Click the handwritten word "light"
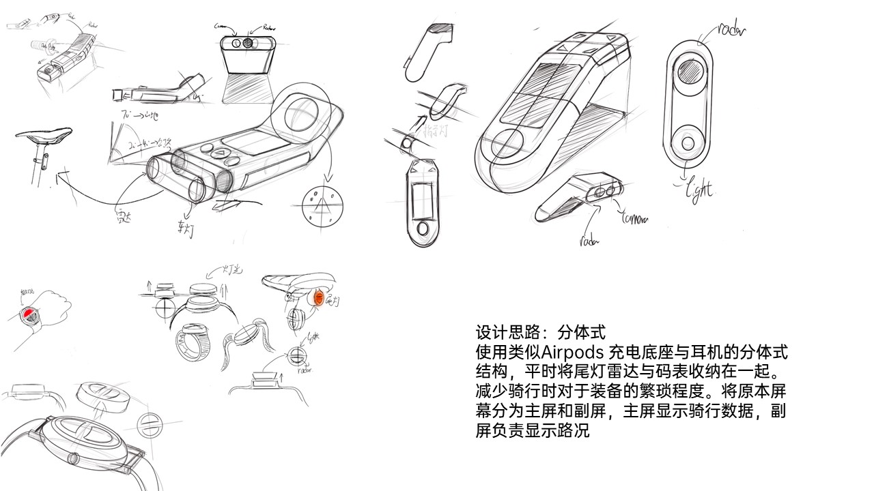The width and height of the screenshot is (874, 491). pyautogui.click(x=697, y=188)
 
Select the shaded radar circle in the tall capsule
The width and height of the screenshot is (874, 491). pyautogui.click(x=689, y=70)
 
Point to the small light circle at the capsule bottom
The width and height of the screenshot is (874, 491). pyautogui.click(x=688, y=143)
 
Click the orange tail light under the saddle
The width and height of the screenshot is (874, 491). pyautogui.click(x=318, y=298)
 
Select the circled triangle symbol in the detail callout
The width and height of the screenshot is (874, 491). pyautogui.click(x=324, y=205)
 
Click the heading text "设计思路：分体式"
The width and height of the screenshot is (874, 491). pyautogui.click(x=540, y=333)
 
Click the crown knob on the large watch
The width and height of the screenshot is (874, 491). pyautogui.click(x=72, y=456)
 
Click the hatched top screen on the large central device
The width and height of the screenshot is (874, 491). pyautogui.click(x=559, y=76)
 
